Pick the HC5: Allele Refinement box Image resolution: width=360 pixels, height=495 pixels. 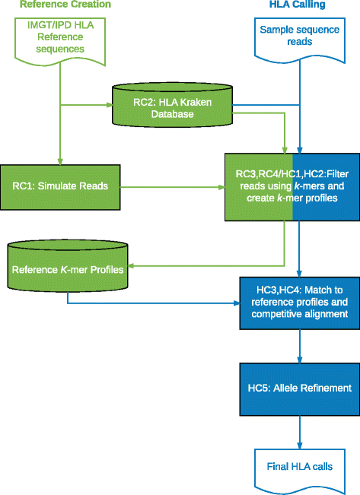click(298, 388)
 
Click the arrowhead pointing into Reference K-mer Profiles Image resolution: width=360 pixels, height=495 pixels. click(130, 267)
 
